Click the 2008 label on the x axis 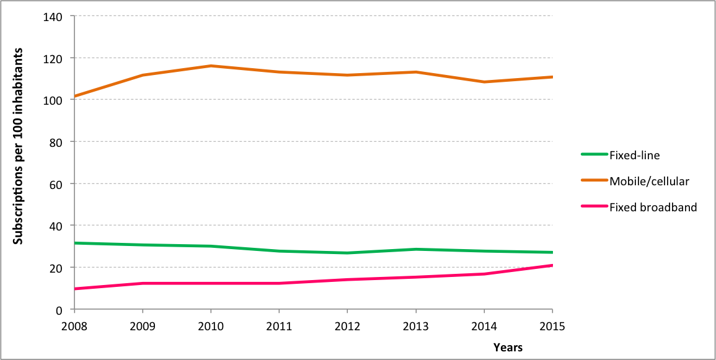(74, 326)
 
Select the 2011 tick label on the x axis (279, 326)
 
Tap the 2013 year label (415, 326)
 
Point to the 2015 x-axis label (552, 326)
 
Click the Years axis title (508, 348)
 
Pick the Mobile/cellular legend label (649, 181)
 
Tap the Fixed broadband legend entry (653, 208)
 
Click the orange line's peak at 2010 (211, 66)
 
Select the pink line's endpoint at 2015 (552, 266)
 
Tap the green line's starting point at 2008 (74, 243)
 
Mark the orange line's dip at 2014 (484, 82)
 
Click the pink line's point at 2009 (143, 283)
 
